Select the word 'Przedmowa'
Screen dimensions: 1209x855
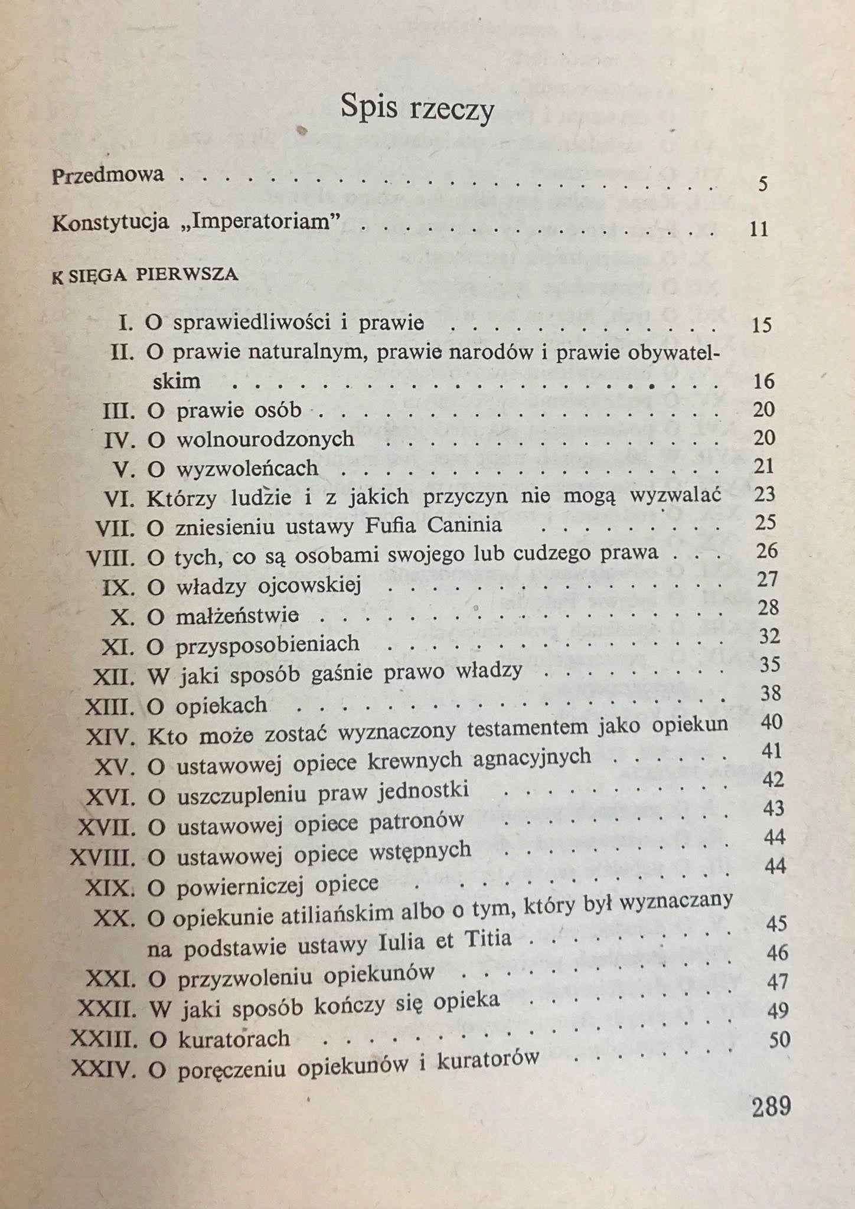108,176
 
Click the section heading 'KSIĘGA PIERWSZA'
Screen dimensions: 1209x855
145,276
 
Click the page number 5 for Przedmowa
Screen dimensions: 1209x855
763,184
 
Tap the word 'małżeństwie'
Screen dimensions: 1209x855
237,616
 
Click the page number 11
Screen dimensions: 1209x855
759,228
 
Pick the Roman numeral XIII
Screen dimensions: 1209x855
110,707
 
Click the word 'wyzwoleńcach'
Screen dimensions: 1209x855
247,468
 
